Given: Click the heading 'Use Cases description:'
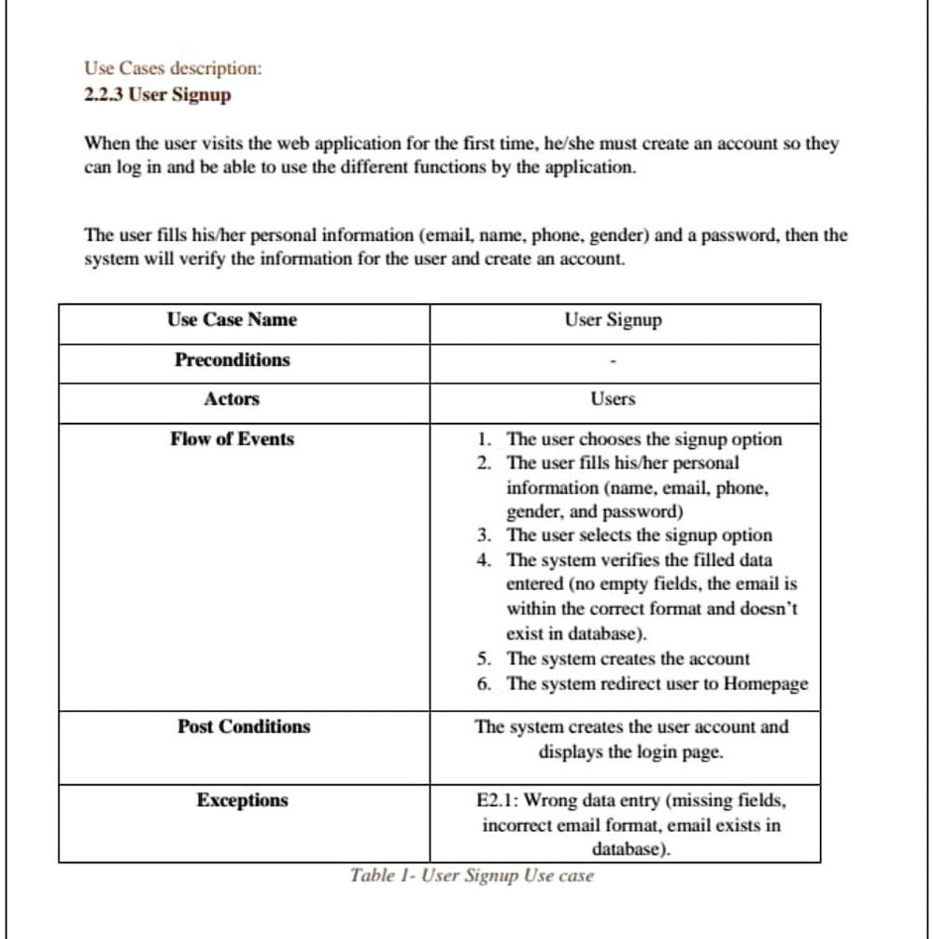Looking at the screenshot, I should coord(174,69).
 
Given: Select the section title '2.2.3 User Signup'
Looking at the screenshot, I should coord(157,94).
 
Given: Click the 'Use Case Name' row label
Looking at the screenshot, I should coord(233,320).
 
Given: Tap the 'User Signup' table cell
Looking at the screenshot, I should coord(613,320).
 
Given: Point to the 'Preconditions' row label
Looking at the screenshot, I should coord(233,360).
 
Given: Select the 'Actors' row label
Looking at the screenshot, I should coord(232,399).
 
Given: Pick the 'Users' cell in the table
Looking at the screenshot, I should coord(613,399).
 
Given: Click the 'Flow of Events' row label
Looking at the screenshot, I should coord(232,439).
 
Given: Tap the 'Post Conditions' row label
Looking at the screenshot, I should coord(244,727).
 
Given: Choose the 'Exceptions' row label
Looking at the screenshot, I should coord(242,801).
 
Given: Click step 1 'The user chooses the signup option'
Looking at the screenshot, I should coord(643,439).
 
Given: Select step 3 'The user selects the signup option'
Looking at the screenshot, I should coord(639,536).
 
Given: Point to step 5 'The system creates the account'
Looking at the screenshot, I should coord(628,658).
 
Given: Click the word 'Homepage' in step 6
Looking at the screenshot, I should coord(766,683).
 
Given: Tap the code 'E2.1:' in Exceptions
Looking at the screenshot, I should coord(499,801).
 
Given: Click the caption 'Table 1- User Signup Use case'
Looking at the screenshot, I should coord(472,876).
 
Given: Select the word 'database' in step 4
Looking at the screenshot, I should coord(606,634).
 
